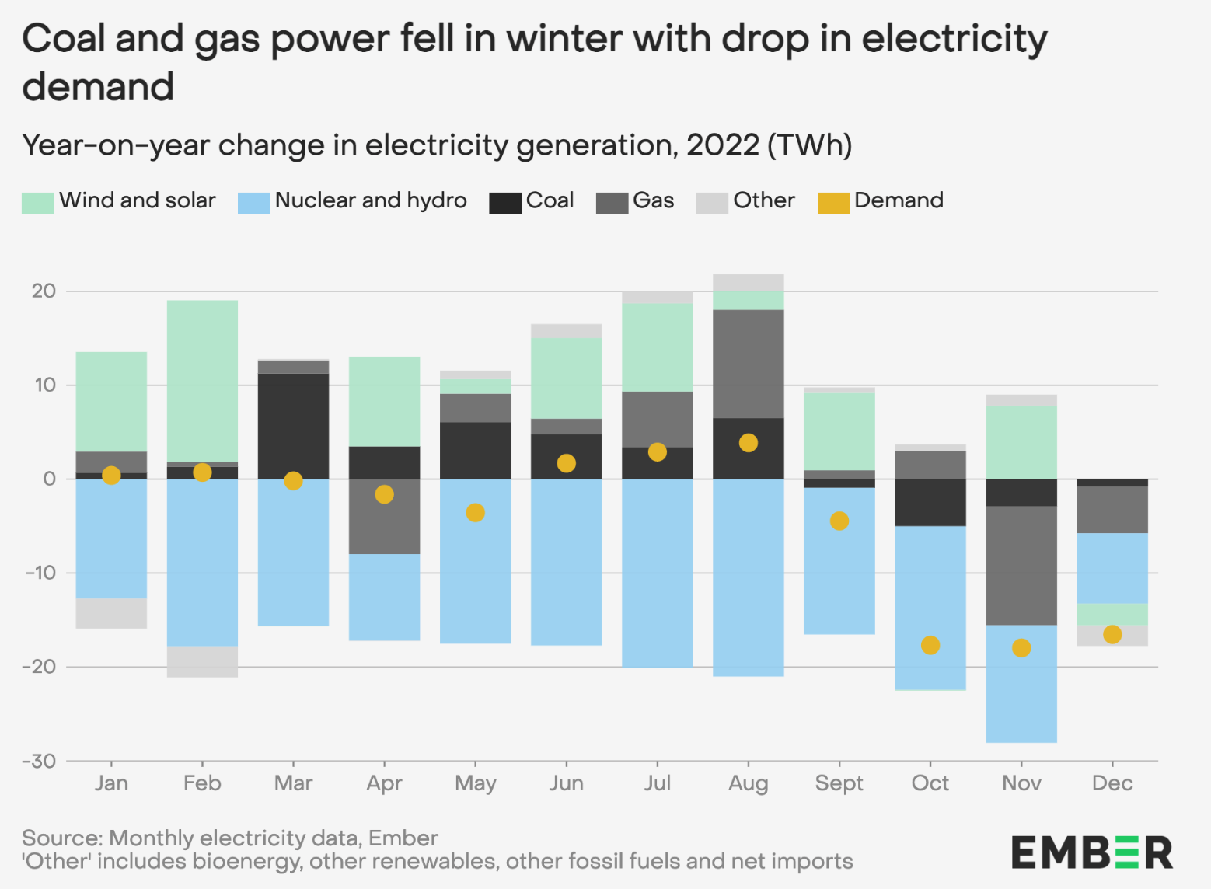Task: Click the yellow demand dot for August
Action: tap(748, 443)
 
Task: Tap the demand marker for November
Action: tap(1021, 647)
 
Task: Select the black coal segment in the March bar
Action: tap(293, 426)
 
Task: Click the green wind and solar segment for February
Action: tap(202, 381)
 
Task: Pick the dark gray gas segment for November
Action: tap(1021, 566)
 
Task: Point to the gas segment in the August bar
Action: tap(748, 364)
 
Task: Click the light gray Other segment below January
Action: tap(111, 613)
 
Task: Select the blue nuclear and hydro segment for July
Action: tap(657, 573)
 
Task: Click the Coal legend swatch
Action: tap(504, 202)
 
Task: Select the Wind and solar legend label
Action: tap(137, 200)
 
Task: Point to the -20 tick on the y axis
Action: tap(40, 667)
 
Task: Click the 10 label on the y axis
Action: tap(44, 385)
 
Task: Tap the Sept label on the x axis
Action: tap(839, 783)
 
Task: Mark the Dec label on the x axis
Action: tap(1112, 783)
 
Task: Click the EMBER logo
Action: tap(1091, 852)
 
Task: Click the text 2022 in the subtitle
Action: tap(722, 145)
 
